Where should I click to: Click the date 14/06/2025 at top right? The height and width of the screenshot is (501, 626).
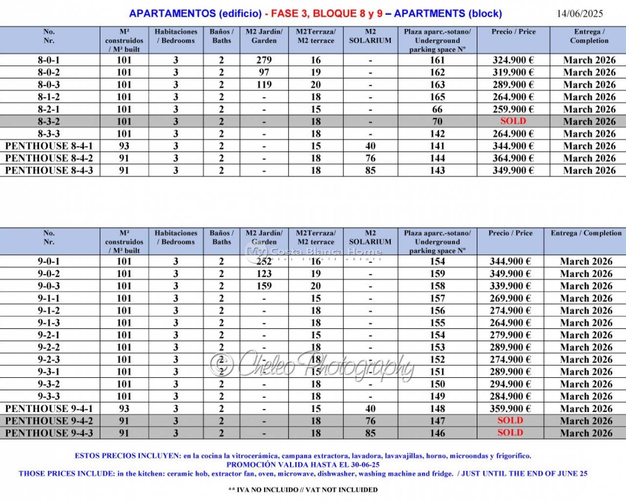click(x=580, y=13)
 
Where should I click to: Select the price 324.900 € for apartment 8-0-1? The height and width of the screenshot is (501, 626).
click(x=513, y=60)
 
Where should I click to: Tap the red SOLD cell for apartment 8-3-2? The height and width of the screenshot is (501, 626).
click(x=513, y=121)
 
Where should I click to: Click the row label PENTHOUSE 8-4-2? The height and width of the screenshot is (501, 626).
click(x=49, y=158)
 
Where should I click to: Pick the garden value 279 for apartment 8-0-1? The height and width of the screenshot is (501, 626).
click(x=264, y=60)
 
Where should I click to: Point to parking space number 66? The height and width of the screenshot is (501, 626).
click(x=437, y=109)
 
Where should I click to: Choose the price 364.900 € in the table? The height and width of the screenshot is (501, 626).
click(x=513, y=158)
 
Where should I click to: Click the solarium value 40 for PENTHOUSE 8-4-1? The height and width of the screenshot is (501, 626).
click(x=370, y=146)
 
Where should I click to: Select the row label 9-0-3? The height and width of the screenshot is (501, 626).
click(x=49, y=286)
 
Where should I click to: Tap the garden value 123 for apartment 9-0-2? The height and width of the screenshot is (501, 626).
click(x=264, y=273)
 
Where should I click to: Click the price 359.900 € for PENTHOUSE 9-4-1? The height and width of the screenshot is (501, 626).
click(x=510, y=409)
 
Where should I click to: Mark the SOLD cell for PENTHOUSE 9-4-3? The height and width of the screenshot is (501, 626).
click(x=510, y=433)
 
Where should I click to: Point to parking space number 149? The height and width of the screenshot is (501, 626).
click(x=437, y=396)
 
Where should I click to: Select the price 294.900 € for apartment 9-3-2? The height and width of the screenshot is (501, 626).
click(x=510, y=384)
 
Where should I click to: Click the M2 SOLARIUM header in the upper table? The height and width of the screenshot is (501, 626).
click(x=370, y=36)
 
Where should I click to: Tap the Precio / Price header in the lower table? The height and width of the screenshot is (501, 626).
click(x=510, y=233)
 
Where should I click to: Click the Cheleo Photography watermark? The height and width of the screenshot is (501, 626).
click(x=313, y=364)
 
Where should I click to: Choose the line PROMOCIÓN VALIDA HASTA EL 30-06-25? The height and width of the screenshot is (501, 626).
click(x=303, y=464)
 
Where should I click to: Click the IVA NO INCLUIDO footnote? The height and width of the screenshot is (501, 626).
click(x=303, y=489)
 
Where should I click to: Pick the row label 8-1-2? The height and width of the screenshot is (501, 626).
click(x=49, y=97)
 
